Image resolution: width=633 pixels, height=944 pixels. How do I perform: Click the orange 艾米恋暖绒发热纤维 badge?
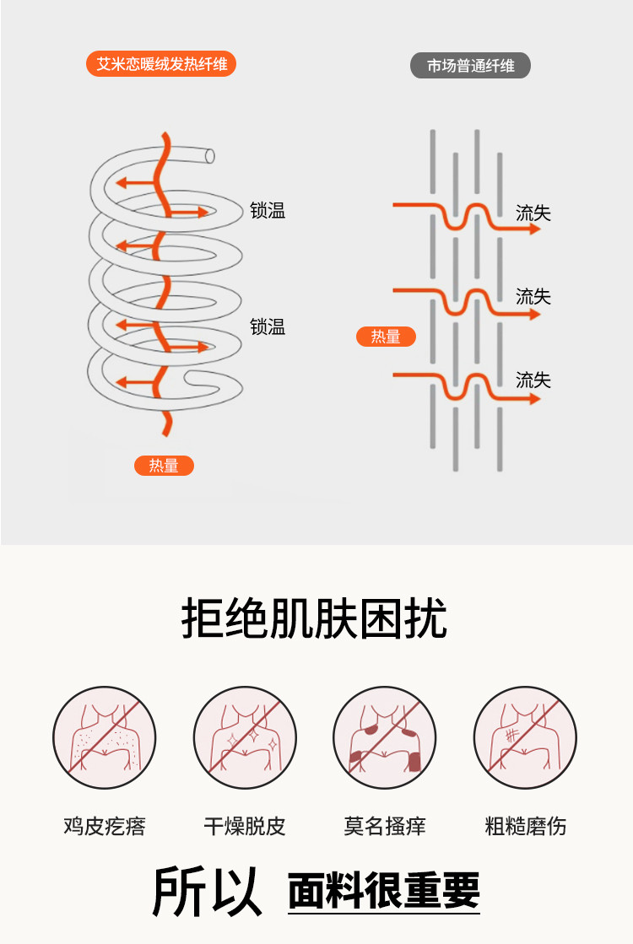point(161,64)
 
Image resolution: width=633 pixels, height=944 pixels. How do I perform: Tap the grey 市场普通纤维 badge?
point(470,66)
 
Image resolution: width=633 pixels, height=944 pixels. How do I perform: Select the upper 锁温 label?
point(268,211)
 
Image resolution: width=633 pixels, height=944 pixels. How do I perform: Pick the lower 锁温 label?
point(268,327)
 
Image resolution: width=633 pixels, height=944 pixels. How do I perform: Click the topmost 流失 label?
point(533,213)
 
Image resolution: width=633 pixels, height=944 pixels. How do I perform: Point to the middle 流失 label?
point(533,297)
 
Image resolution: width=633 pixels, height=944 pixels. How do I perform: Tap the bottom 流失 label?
point(533,380)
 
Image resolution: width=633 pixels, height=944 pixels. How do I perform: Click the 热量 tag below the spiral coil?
point(164,466)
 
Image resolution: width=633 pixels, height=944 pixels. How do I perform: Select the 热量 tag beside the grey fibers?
point(386,337)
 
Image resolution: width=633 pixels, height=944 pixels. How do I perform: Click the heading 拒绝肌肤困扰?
point(314,620)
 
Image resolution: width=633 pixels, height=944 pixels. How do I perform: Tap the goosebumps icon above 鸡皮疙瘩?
point(105,738)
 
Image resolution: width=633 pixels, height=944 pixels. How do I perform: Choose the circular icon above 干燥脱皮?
point(245,738)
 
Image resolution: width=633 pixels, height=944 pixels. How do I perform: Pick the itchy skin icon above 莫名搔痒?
point(385,738)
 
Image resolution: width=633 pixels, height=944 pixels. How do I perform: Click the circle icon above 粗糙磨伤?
point(525,738)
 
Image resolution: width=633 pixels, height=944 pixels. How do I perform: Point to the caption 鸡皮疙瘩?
point(105,826)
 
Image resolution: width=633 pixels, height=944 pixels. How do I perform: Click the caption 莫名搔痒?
point(385,826)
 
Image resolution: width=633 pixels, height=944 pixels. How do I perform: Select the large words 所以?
point(207,891)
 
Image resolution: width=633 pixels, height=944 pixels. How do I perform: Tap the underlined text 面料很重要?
point(384,891)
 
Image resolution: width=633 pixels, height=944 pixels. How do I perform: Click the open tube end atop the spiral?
point(209,156)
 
